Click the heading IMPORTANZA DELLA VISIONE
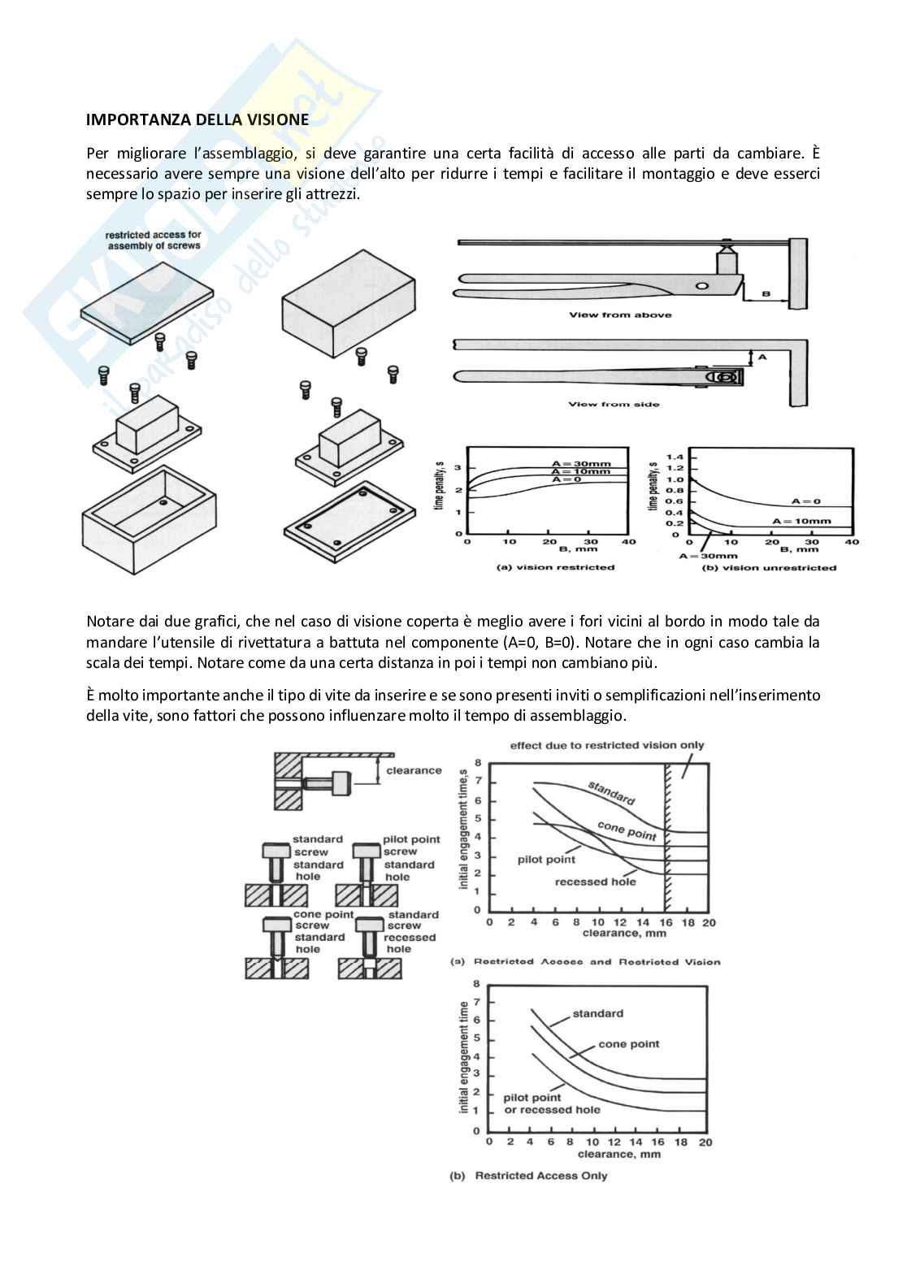click(197, 119)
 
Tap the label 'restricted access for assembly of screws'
click(153, 240)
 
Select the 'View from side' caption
click(614, 404)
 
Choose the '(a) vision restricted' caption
click(555, 567)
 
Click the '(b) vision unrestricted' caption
click(769, 567)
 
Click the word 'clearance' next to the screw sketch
click(414, 770)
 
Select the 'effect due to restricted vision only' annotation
click(607, 745)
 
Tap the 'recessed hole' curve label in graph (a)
click(595, 882)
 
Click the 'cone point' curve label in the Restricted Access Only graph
click(628, 1044)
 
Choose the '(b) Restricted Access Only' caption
click(528, 1175)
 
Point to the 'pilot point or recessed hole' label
click(552, 1103)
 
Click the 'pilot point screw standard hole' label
click(411, 858)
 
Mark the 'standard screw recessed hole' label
click(412, 931)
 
